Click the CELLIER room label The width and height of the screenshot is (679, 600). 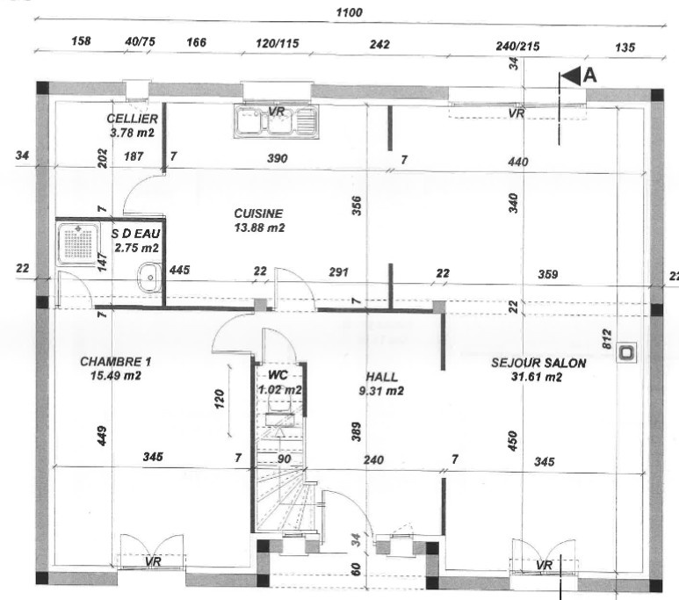(132, 119)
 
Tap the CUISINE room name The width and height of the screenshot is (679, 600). (258, 213)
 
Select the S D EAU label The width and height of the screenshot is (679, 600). (135, 234)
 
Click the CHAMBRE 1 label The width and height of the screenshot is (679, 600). (116, 361)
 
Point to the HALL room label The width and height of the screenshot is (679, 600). (381, 377)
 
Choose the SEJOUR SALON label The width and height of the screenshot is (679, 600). (538, 363)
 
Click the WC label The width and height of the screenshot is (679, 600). (278, 375)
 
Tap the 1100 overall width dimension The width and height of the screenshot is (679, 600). (349, 12)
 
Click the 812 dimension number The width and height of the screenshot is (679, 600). (607, 339)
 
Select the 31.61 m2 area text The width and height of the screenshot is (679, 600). (537, 377)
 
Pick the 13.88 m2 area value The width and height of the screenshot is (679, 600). (259, 228)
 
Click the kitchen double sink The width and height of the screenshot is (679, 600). (277, 121)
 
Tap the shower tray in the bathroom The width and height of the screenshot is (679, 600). (78, 243)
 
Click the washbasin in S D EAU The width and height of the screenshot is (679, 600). (149, 278)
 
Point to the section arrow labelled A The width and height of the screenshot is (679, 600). (571, 76)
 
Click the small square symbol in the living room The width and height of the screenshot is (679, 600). (626, 352)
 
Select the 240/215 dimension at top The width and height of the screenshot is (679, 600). (517, 46)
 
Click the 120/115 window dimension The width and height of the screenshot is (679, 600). (278, 43)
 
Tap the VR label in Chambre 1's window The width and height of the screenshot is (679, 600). (154, 561)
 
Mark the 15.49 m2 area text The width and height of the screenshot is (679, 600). (116, 375)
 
